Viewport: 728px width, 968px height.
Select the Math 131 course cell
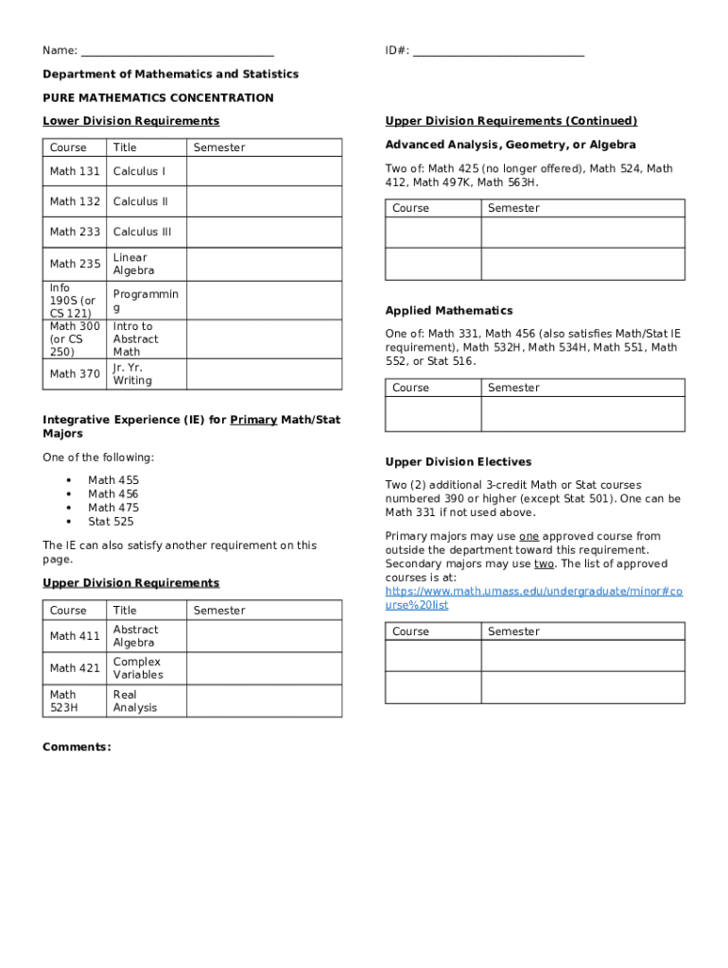click(75, 171)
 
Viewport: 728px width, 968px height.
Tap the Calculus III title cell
click(142, 232)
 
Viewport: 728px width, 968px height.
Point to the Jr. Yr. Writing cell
click(132, 373)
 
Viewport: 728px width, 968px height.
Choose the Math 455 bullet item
click(113, 480)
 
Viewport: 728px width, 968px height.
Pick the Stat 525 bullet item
click(111, 521)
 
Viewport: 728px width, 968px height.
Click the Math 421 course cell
click(75, 668)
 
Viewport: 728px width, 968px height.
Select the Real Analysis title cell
click(135, 700)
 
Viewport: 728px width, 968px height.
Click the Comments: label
click(77, 747)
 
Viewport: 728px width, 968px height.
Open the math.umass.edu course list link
click(533, 597)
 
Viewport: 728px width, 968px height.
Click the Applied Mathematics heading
click(449, 310)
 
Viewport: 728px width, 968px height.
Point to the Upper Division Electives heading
click(459, 461)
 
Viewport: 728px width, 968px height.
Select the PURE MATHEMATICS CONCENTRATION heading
click(158, 97)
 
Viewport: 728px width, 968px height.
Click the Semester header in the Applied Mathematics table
click(513, 388)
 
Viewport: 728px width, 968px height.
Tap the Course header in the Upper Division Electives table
click(410, 631)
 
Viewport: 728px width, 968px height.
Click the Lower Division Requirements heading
click(130, 121)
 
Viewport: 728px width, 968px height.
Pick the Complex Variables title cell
click(138, 668)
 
